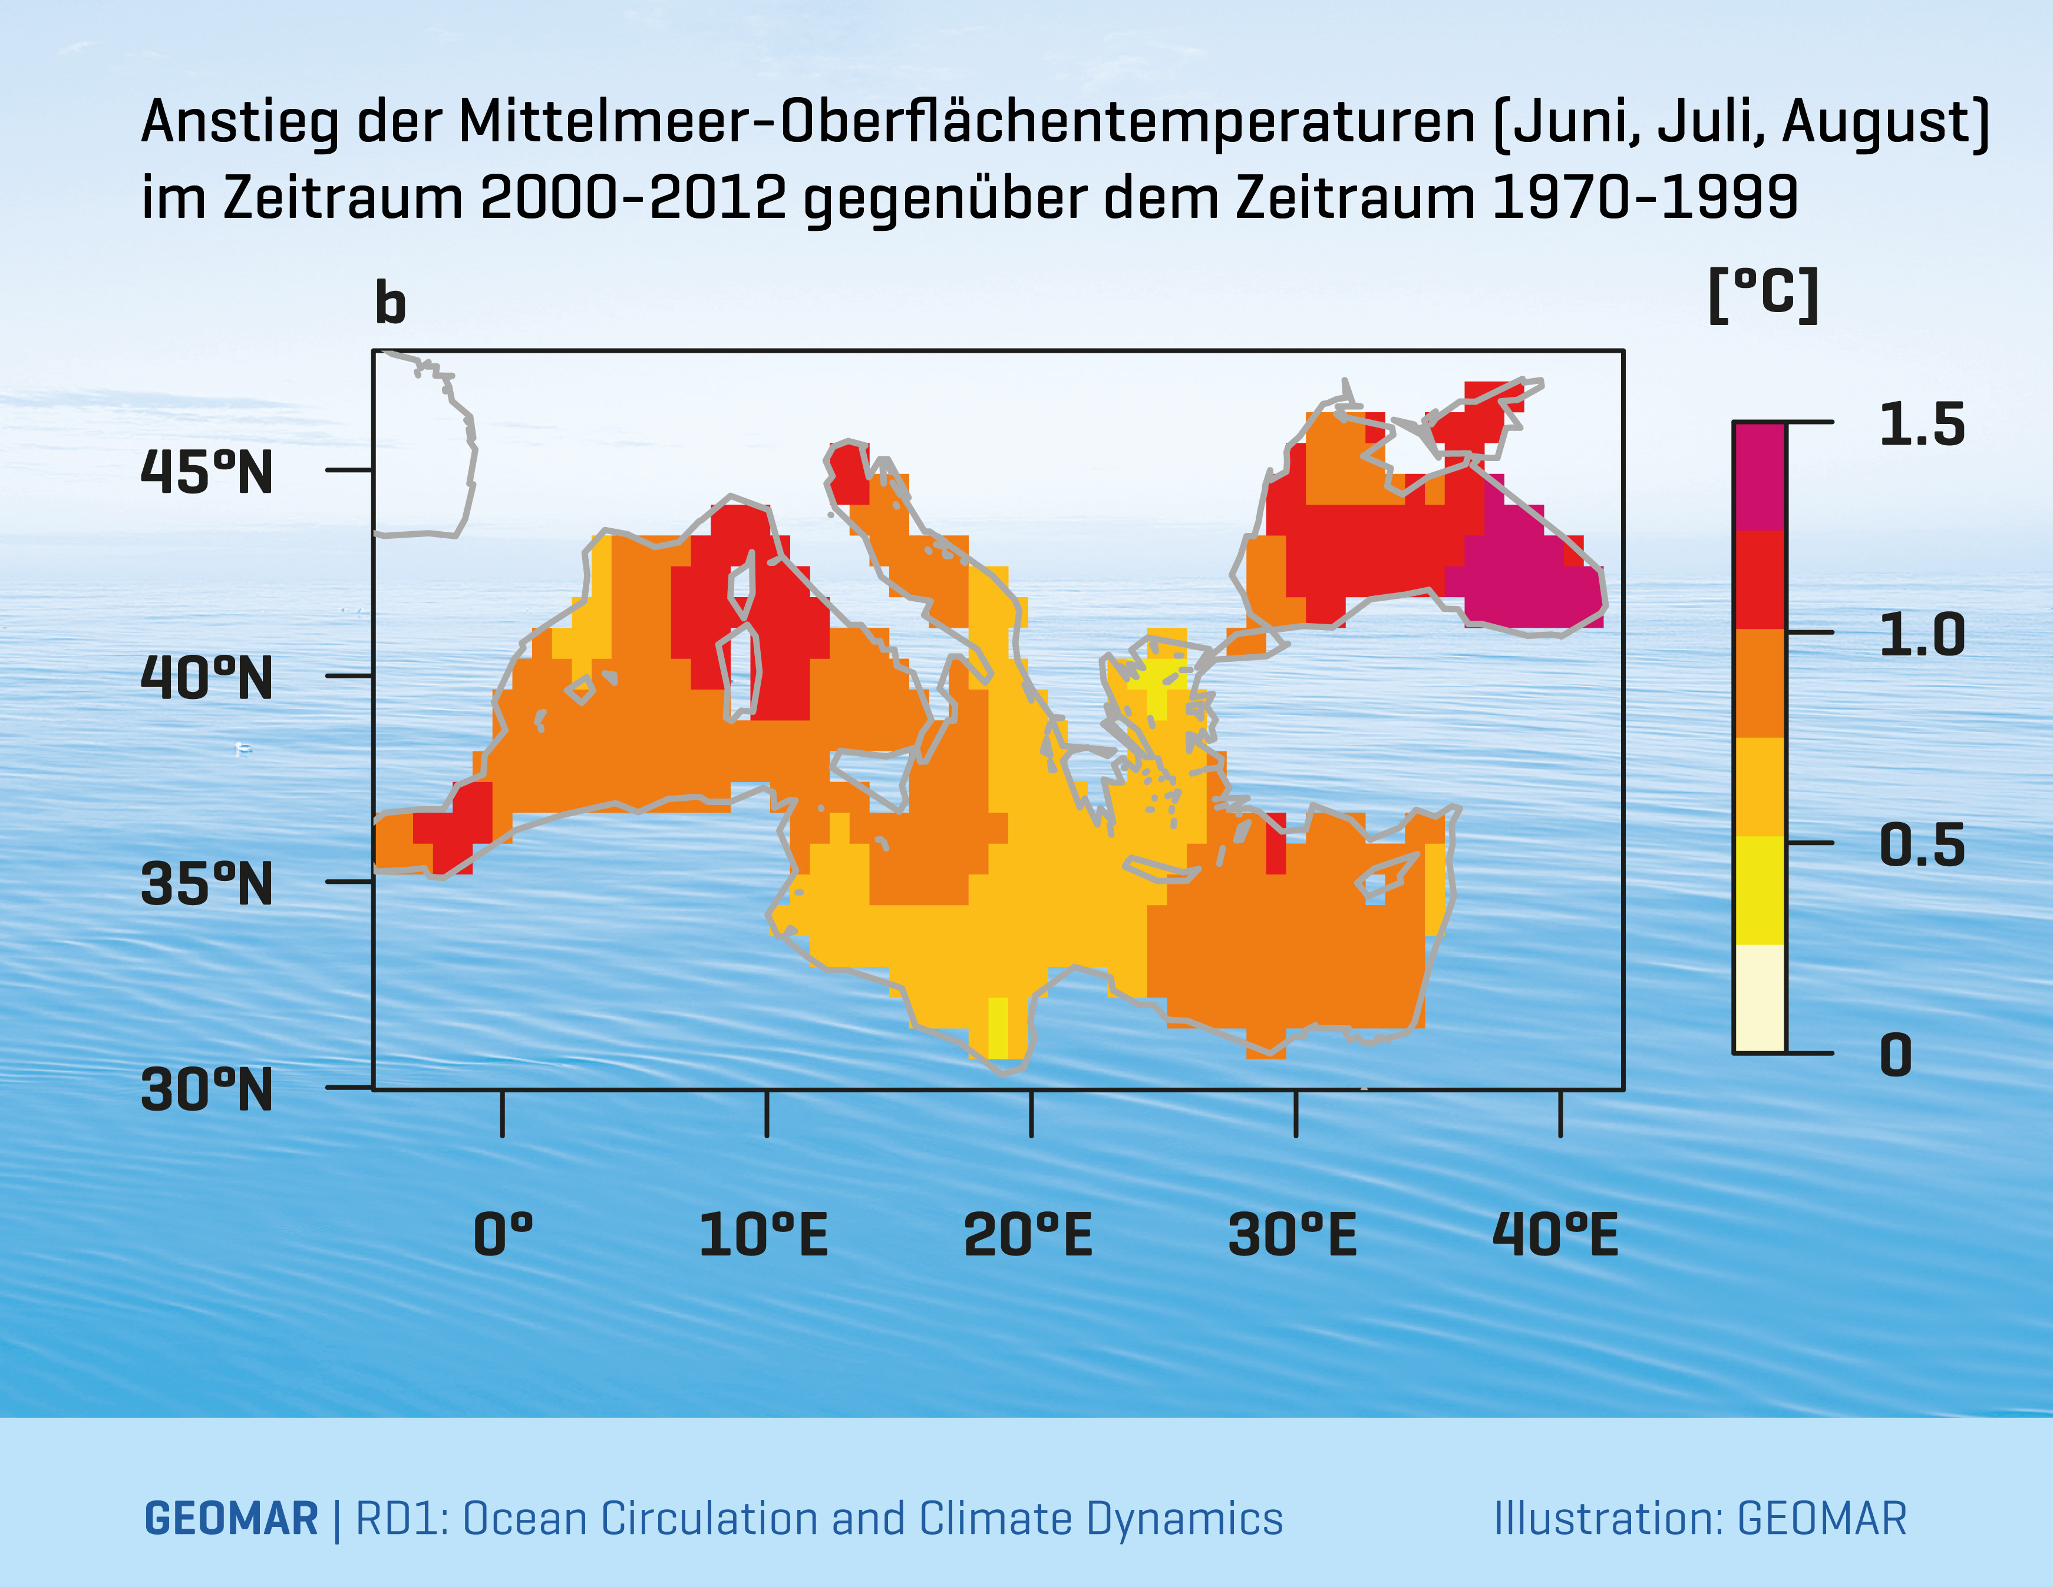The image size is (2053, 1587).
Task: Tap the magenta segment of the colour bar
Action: pos(1759,476)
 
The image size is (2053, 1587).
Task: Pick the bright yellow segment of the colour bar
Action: pos(1759,890)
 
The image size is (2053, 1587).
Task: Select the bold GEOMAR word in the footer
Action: pos(231,1519)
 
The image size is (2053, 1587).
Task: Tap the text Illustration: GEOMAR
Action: pos(1699,1519)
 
